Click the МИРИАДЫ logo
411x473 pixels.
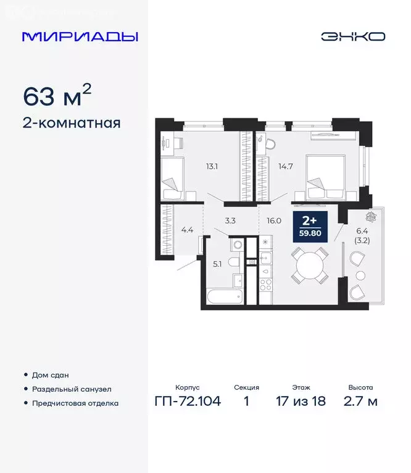(80, 36)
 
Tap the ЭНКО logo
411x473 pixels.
(352, 36)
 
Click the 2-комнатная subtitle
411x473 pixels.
(71, 123)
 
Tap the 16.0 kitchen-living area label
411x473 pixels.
(273, 220)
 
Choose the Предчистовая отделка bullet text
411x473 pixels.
(75, 403)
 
